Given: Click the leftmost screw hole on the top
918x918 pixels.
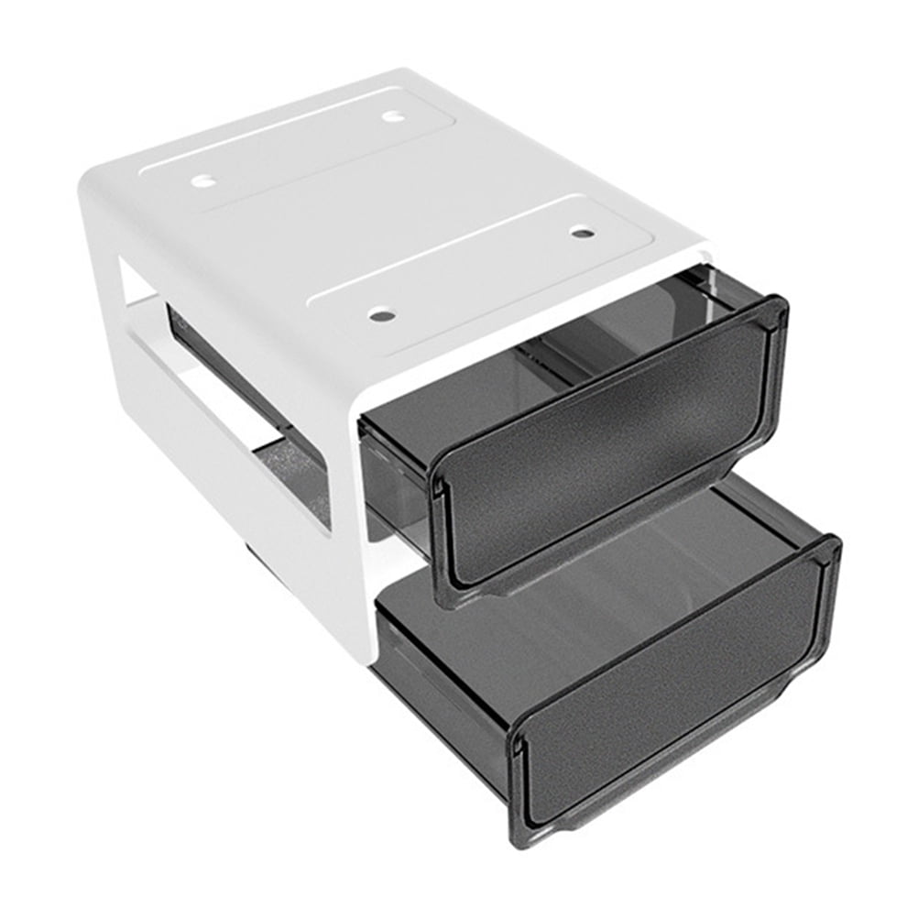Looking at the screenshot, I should coord(203,180).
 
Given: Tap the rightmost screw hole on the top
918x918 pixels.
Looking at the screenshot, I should coord(582,232).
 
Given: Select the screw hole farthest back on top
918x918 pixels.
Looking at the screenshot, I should coord(393,116).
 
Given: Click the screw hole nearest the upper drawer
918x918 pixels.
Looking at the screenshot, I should coord(383,316).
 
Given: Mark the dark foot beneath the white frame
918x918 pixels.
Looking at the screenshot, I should coord(251,551).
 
